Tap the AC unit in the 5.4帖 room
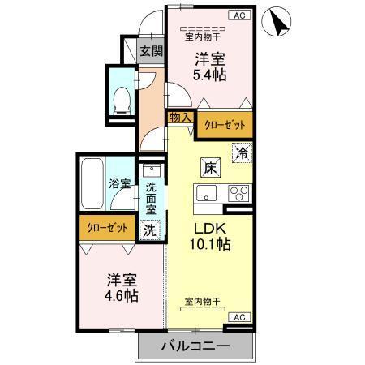pos(239,15)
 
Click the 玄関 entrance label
pos(151,51)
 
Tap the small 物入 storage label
pos(179,118)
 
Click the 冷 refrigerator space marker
pos(242,151)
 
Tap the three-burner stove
pos(239,193)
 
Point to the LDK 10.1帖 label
pos(210,235)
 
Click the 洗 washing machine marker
pos(149,229)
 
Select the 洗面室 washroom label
pos(151,196)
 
